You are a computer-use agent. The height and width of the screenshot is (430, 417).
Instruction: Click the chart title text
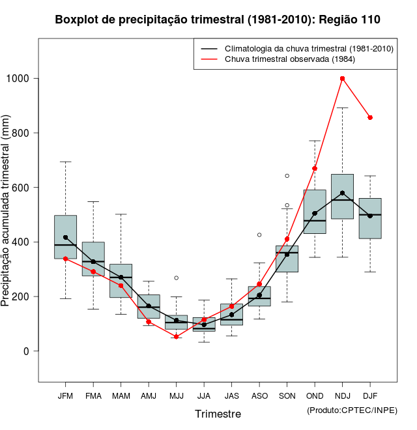(x=218, y=20)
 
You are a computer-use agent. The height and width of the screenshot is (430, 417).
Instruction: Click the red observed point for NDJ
(x=343, y=79)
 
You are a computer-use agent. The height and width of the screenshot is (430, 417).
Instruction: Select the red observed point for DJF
(x=370, y=118)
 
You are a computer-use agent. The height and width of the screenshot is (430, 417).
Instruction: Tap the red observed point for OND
(x=315, y=169)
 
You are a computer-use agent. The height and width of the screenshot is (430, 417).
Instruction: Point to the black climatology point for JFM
(x=65, y=238)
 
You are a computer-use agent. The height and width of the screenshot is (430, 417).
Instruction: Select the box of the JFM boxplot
(x=65, y=236)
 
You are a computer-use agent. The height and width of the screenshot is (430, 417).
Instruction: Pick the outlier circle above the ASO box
(x=259, y=235)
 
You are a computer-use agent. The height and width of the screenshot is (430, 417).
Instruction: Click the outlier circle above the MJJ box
(x=176, y=278)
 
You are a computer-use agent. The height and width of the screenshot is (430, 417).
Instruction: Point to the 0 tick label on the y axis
(x=26, y=351)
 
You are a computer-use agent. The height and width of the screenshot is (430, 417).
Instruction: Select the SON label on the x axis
(x=287, y=395)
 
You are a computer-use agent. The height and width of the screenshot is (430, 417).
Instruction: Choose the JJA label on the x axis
(x=204, y=395)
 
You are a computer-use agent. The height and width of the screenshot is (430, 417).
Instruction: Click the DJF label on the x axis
(x=370, y=395)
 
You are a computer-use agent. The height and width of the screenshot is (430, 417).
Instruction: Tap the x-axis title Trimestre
(x=218, y=414)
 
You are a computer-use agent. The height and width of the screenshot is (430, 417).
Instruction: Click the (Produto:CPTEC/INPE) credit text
(x=352, y=410)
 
